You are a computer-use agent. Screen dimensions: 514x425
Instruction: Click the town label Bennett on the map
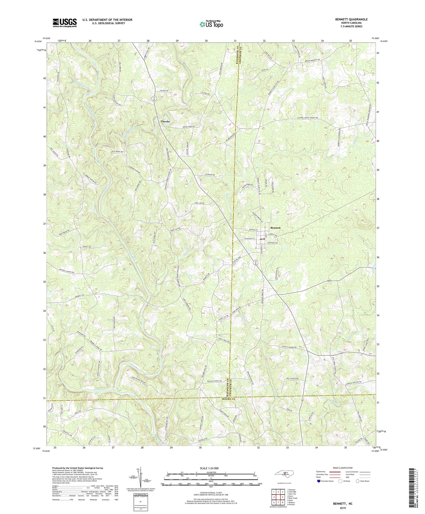coord(275,228)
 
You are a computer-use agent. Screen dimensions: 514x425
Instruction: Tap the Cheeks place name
coord(165,121)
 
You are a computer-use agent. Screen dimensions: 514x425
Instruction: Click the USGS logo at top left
coord(65,23)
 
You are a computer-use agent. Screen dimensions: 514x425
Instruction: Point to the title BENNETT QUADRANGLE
coord(351,19)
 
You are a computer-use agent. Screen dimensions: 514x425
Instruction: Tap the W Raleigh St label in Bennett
coord(248,238)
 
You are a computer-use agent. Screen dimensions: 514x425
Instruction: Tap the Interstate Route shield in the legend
coord(319,481)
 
